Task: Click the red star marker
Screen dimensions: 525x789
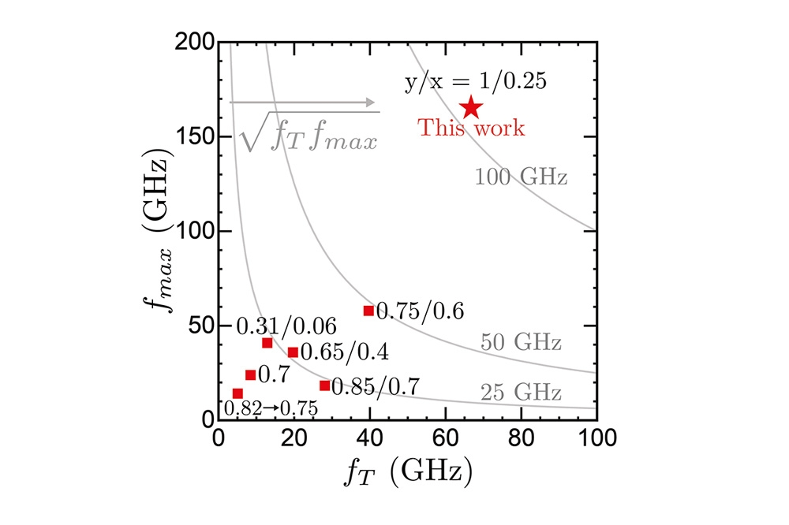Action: [x=471, y=107]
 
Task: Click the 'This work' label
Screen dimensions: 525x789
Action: [x=471, y=128]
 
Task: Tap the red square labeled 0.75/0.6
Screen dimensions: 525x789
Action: [x=368, y=311]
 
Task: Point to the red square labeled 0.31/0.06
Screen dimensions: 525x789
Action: [x=267, y=343]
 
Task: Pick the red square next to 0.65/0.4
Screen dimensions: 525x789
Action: [x=293, y=352]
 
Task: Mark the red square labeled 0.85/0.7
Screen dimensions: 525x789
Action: [x=324, y=385]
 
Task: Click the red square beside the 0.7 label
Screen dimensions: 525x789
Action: [x=250, y=375]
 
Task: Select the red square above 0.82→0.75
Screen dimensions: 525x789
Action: [x=237, y=393]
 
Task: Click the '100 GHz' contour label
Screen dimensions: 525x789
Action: [x=521, y=177]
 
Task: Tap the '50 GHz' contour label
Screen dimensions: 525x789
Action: [x=521, y=343]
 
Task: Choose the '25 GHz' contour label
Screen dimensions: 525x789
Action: [x=521, y=392]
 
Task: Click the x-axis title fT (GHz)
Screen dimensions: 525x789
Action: [x=408, y=472]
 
